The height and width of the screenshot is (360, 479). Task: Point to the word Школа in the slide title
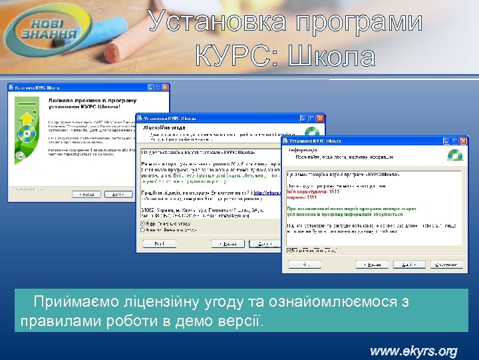(332, 57)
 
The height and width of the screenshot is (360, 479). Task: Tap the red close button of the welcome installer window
(164, 87)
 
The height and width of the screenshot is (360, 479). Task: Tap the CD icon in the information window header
(455, 155)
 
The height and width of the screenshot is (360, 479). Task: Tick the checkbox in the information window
(288, 251)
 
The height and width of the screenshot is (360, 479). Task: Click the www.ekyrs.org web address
(413, 351)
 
